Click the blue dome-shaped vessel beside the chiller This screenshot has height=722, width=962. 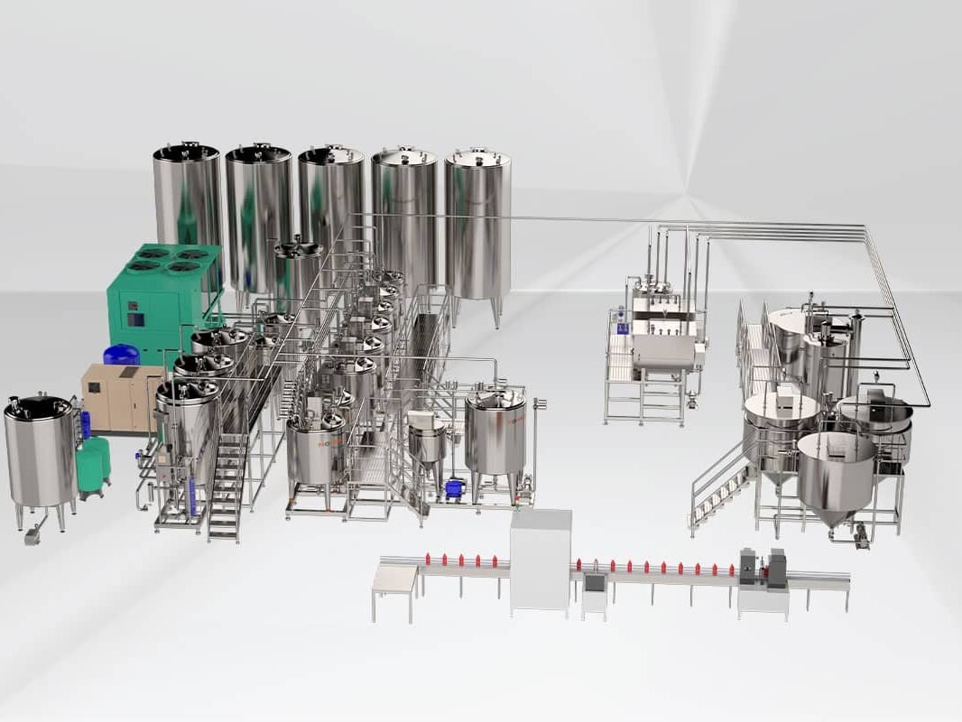click(121, 355)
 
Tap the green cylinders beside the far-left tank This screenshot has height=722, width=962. click(93, 465)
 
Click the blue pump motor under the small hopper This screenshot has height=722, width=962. click(454, 488)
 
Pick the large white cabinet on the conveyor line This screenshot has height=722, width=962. click(541, 560)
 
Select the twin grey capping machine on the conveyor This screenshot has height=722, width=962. click(763, 569)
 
